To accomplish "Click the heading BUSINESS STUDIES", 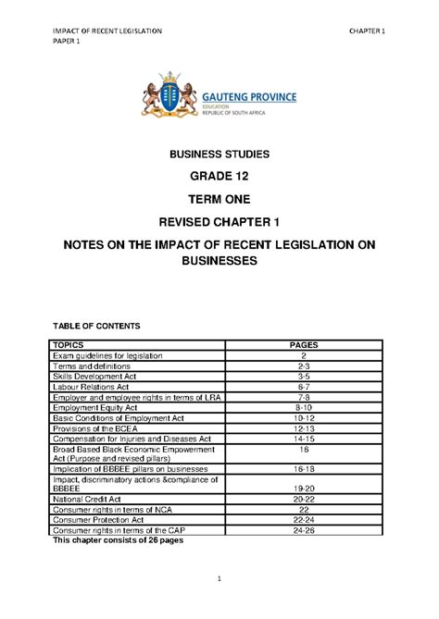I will (x=219, y=155).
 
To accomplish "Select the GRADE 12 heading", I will (x=219, y=176).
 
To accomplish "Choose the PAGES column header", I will (x=303, y=345).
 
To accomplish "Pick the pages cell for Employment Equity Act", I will (x=303, y=407).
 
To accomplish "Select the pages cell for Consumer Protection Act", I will (x=303, y=520).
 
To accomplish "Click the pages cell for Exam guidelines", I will (x=303, y=356).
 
